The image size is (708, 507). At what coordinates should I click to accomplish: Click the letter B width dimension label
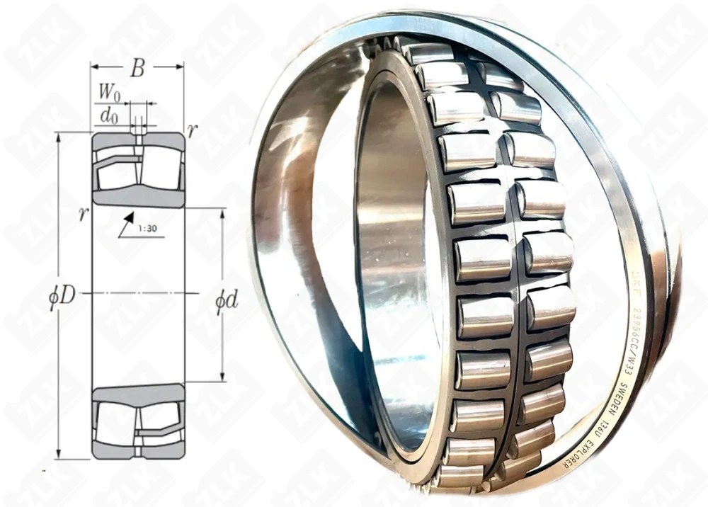click(137, 69)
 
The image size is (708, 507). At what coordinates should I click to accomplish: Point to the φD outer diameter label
click(62, 296)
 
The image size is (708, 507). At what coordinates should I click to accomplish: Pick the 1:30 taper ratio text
click(148, 228)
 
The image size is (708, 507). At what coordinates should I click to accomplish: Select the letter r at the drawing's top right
click(191, 130)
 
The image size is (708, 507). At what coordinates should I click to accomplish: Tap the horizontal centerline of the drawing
click(138, 292)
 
